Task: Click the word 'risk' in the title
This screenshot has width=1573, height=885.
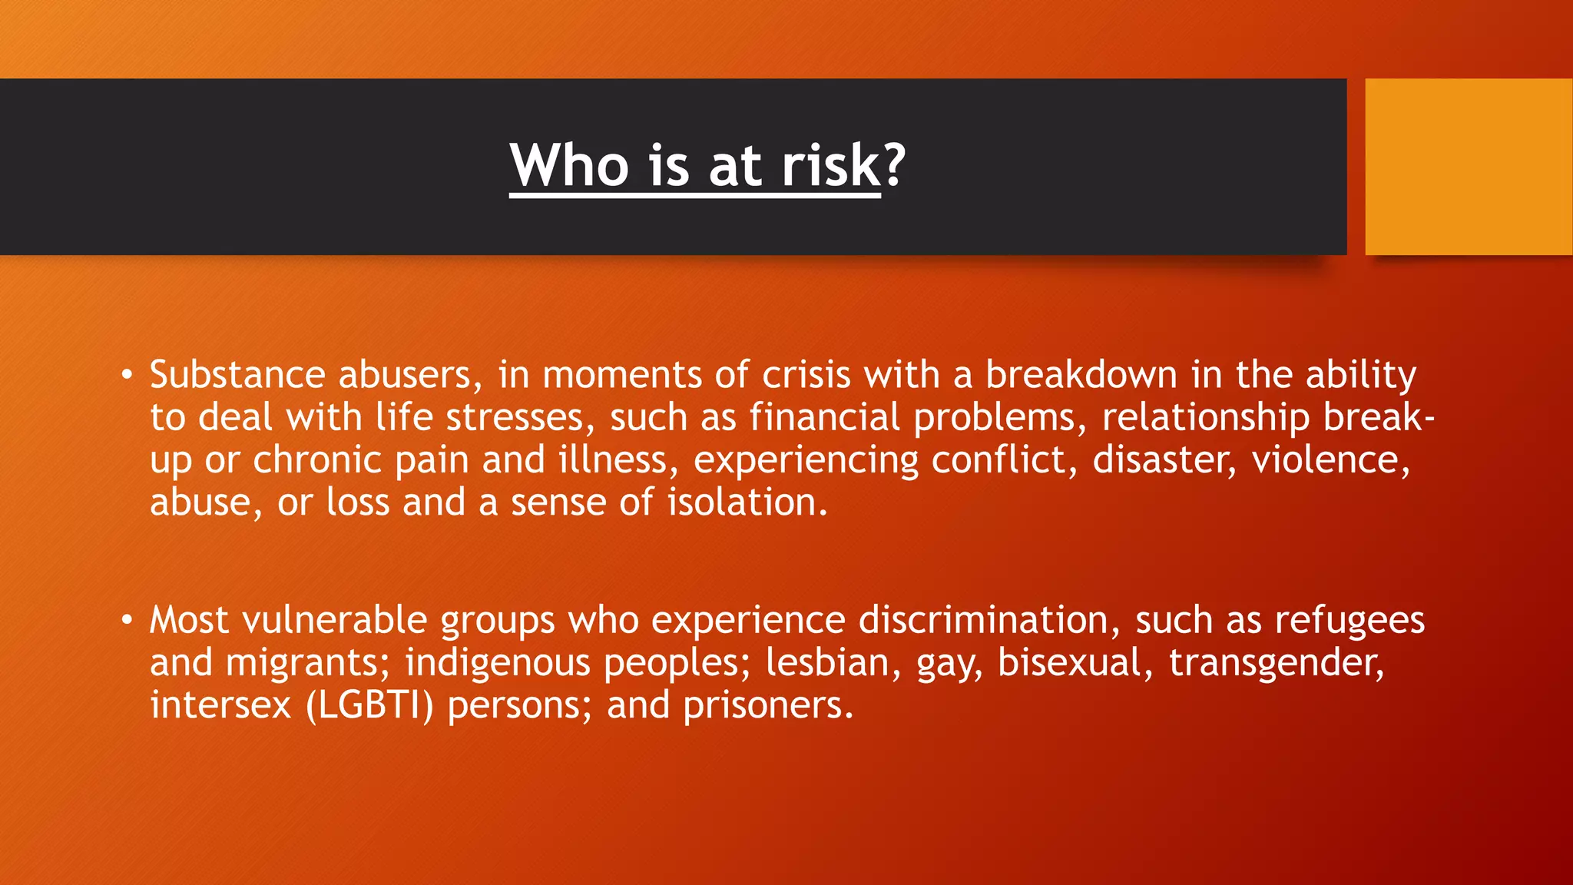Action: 831,165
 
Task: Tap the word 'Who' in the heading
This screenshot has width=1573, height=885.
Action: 569,165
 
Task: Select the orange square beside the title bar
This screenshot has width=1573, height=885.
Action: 1469,167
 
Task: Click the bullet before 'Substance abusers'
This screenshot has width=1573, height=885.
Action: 127,376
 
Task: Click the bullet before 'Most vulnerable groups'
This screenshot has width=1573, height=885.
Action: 127,620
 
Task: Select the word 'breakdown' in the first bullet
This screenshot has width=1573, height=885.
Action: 1081,375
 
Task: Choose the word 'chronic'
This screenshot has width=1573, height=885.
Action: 317,460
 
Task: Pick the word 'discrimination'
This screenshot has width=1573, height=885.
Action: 983,620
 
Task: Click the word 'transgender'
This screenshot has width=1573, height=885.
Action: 1276,663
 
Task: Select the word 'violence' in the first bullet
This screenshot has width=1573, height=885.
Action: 1330,460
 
